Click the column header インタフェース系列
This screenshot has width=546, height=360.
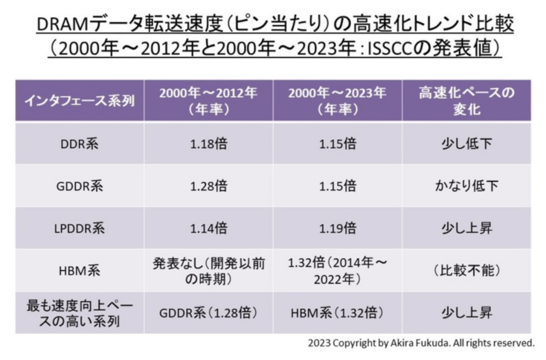click(79, 101)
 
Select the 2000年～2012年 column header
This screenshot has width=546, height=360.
click(208, 101)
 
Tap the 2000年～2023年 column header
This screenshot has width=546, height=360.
click(337, 101)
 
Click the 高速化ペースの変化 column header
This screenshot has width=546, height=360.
click(466, 101)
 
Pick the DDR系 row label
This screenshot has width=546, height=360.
click(79, 144)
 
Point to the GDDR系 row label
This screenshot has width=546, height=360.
click(79, 186)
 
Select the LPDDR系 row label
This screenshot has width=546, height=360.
click(79, 228)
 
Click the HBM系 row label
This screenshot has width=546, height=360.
click(79, 271)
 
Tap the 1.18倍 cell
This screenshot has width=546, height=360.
click(208, 144)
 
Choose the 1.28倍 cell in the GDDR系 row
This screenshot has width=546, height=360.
click(208, 186)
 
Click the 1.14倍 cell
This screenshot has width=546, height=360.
click(208, 228)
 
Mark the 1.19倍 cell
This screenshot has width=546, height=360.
click(337, 228)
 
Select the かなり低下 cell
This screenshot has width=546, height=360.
click(466, 186)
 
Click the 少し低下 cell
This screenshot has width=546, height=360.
click(466, 144)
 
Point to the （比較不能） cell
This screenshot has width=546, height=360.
click(466, 271)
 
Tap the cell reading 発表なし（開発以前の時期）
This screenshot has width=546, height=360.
click(208, 271)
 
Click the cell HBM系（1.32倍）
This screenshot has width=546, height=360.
click(337, 313)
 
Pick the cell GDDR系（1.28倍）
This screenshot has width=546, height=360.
click(208, 313)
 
